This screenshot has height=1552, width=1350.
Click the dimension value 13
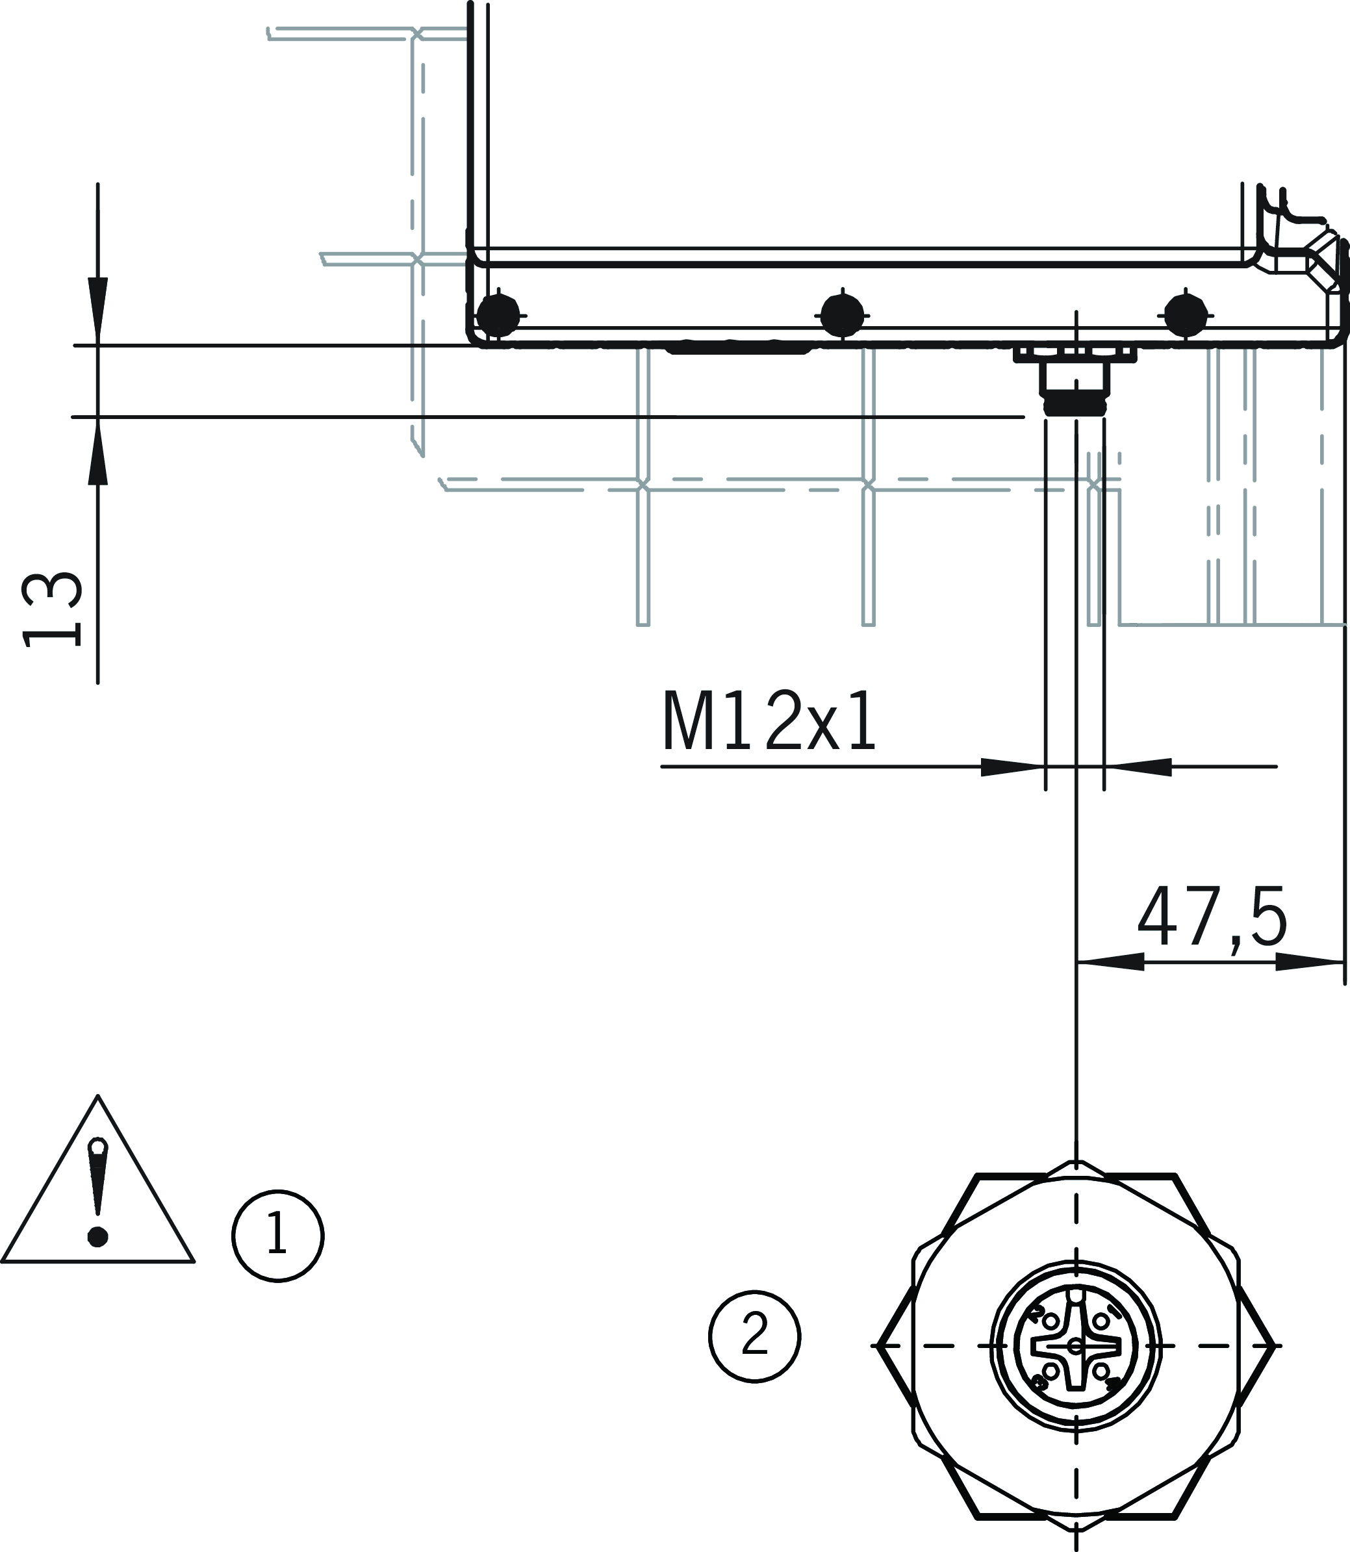coord(51,609)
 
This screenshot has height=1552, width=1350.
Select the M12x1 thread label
coord(769,721)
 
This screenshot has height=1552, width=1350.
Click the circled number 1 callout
coord(278,1236)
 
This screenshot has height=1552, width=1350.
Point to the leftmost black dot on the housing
coord(499,315)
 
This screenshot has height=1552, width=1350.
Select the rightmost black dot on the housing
coord(1186,315)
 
